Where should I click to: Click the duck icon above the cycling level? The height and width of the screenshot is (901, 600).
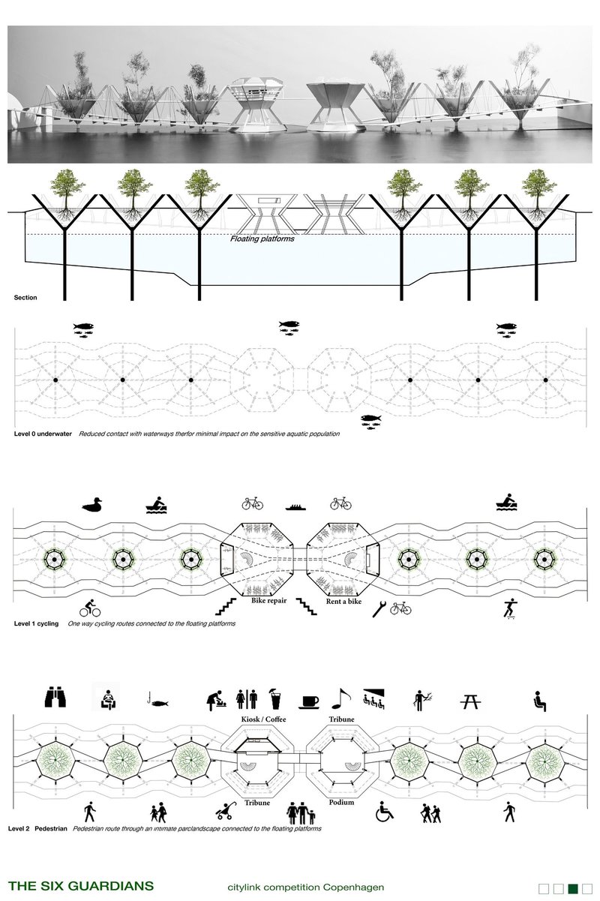pos(92,506)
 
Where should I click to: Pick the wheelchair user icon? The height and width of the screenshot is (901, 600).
pos(385,811)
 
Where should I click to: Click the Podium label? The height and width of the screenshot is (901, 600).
pos(342,802)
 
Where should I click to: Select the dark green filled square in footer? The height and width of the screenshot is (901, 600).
pos(572,889)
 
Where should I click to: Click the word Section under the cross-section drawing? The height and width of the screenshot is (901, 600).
pos(25,298)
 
